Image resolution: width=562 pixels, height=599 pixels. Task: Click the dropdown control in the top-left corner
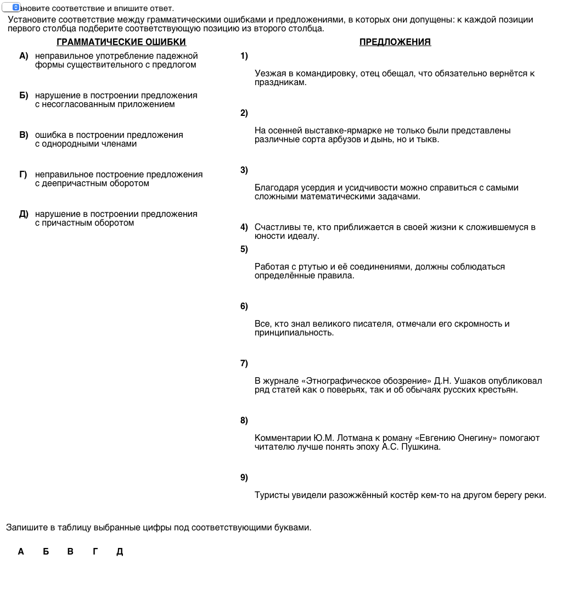coord(12,7)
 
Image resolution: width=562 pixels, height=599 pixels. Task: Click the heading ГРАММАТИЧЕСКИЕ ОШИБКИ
coord(121,42)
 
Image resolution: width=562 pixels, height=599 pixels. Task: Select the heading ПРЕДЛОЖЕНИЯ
coord(395,42)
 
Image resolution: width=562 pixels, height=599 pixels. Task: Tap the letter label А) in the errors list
coord(24,56)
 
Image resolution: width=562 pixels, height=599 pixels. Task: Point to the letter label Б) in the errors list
coord(24,96)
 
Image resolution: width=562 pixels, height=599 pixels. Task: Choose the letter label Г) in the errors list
coord(24,175)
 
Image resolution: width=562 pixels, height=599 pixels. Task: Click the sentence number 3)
coord(244,170)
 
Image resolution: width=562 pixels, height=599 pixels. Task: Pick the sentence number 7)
coord(244,363)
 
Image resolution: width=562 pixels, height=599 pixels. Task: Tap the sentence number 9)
coord(244,478)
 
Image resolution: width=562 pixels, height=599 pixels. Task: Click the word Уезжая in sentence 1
coord(269,74)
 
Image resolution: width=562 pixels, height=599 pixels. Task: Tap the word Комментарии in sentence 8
coord(283,438)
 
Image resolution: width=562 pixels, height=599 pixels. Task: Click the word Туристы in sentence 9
coord(271,495)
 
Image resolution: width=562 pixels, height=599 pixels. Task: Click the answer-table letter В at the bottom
coord(70,552)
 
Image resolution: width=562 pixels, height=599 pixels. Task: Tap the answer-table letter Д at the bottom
coord(120,552)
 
